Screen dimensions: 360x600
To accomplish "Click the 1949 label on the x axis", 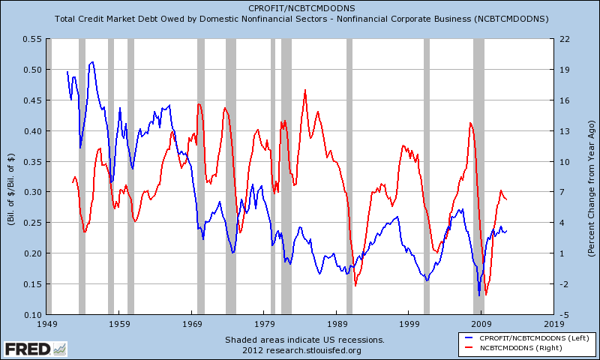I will [x=46, y=324].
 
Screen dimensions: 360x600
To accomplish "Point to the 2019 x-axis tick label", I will [x=554, y=324].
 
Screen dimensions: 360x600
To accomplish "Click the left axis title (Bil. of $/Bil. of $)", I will [x=11, y=177].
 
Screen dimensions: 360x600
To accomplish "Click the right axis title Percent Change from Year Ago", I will [x=591, y=177].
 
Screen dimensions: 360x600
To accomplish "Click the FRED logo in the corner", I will [x=34, y=348].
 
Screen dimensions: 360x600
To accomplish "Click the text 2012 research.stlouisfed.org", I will [x=301, y=349].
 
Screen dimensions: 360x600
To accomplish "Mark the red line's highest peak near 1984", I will [x=305, y=90].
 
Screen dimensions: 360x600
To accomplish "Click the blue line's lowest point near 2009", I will [x=478, y=295].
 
